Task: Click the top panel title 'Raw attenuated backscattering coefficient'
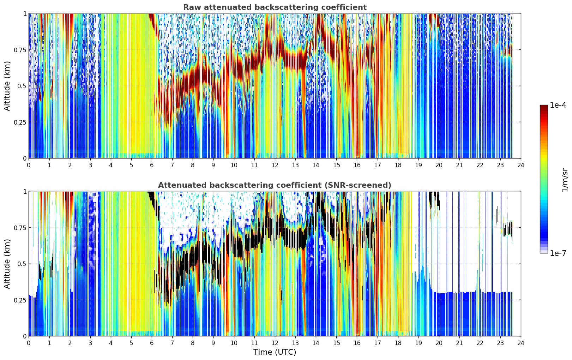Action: click(x=275, y=7)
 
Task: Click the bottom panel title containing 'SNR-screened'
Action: click(x=275, y=185)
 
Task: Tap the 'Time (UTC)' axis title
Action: click(x=275, y=352)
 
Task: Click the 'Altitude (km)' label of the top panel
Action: click(x=7, y=86)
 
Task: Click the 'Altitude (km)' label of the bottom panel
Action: click(x=7, y=264)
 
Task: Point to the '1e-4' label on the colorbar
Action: click(x=558, y=105)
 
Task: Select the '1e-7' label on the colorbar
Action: click(x=558, y=253)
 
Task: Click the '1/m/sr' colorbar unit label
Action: click(x=565, y=180)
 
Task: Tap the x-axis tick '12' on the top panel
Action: click(x=275, y=165)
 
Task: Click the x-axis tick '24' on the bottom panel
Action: click(x=521, y=343)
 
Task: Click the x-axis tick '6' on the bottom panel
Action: click(x=152, y=343)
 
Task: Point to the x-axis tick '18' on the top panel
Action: click(x=398, y=165)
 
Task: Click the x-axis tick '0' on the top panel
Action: click(x=29, y=165)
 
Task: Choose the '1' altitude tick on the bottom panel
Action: click(x=25, y=192)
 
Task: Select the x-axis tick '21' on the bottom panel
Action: click(x=459, y=343)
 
